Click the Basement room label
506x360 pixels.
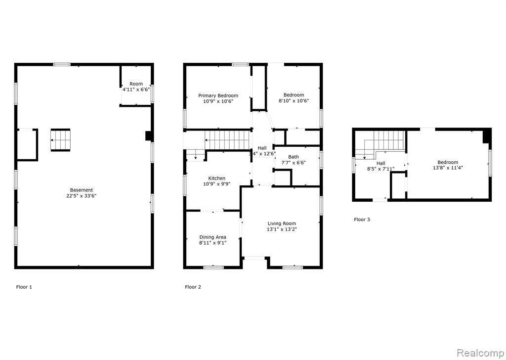coord(82,190)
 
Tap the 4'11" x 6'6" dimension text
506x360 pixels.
coord(136,90)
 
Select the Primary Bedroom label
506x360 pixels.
coord(218,95)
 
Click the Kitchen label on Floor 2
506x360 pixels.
coord(216,178)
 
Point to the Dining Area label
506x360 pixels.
coord(212,237)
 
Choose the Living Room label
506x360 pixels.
coord(282,224)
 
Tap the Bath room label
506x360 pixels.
coord(294,157)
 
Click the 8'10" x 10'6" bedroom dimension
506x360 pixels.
coord(294,101)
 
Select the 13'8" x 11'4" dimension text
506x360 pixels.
coord(448,168)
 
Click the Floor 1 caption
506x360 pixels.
coord(24,287)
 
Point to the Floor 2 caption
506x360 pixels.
coord(193,287)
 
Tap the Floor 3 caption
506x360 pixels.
coord(362,220)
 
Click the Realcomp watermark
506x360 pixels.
coord(481,353)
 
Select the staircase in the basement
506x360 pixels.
coord(60,140)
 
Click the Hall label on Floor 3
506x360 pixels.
coord(381,163)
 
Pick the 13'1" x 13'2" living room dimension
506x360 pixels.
coord(282,229)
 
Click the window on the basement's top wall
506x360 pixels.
coord(62,65)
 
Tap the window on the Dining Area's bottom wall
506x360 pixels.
coord(213,268)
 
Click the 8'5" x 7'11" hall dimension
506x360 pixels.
coord(381,169)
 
